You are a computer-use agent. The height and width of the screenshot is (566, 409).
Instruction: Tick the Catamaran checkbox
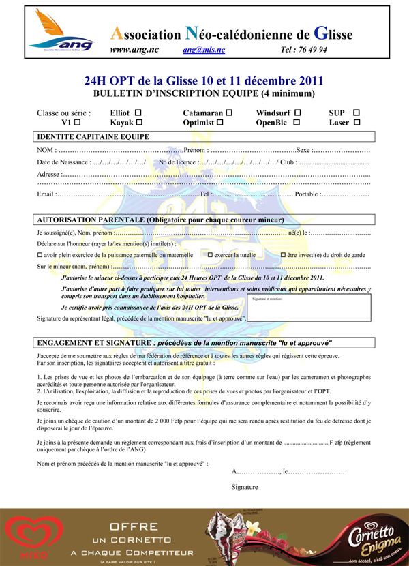pyautogui.click(x=229, y=112)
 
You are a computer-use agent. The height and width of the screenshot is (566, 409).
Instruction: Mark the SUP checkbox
pyautogui.click(x=357, y=112)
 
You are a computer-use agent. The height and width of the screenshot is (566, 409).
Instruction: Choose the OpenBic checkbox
pyautogui.click(x=297, y=123)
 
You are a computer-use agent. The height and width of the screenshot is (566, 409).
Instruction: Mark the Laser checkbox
pyautogui.click(x=357, y=123)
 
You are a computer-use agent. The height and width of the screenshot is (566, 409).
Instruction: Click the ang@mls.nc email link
pyautogui.click(x=204, y=50)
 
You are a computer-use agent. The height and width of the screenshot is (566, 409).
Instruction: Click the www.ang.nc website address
pyautogui.click(x=135, y=50)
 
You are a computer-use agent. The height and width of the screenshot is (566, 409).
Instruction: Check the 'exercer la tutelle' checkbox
pyautogui.click(x=211, y=254)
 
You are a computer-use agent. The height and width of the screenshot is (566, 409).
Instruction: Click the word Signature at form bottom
pyautogui.click(x=245, y=487)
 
